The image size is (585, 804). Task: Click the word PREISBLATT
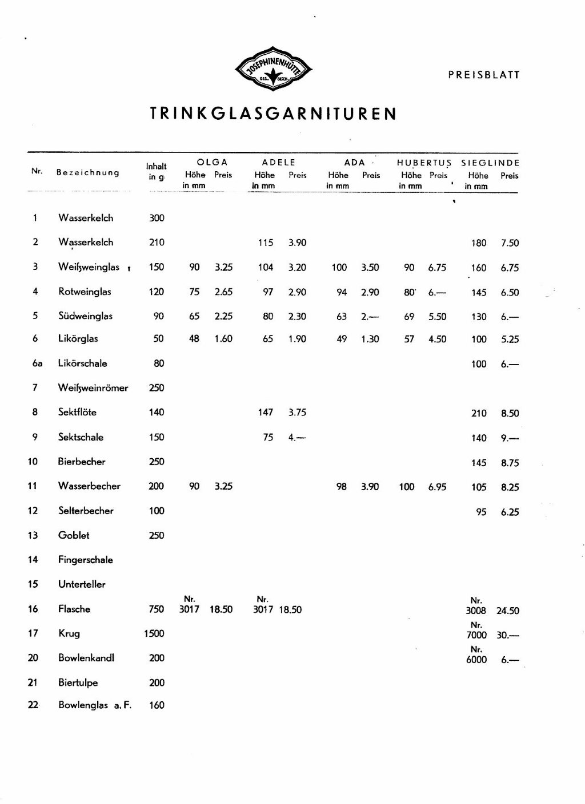pyautogui.click(x=484, y=75)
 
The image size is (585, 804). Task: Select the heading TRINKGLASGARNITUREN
pyautogui.click(x=273, y=114)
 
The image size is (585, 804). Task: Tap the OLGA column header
pyautogui.click(x=212, y=163)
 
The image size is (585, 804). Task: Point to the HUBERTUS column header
pyautogui.click(x=424, y=163)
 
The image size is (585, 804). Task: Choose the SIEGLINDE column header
pyautogui.click(x=490, y=163)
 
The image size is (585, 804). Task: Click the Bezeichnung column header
pyautogui.click(x=87, y=172)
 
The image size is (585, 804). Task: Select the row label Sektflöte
pyautogui.click(x=77, y=412)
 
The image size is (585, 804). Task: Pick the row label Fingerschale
pyautogui.click(x=86, y=560)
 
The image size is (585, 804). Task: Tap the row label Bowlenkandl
pyautogui.click(x=86, y=658)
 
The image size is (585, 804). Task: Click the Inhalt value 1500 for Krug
pyautogui.click(x=154, y=633)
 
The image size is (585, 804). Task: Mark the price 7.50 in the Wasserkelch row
pyautogui.click(x=510, y=243)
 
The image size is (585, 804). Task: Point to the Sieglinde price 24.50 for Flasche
pyautogui.click(x=508, y=611)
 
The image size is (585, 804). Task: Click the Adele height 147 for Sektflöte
pyautogui.click(x=266, y=412)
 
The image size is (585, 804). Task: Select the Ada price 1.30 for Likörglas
pyautogui.click(x=370, y=339)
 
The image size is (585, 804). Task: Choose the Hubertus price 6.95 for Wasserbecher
pyautogui.click(x=437, y=487)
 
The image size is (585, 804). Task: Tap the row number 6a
pyautogui.click(x=37, y=363)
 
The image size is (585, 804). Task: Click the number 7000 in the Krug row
pyautogui.click(x=476, y=635)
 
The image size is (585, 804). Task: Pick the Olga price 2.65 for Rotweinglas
pyautogui.click(x=223, y=292)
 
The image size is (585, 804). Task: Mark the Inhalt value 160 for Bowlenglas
pyautogui.click(x=156, y=705)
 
